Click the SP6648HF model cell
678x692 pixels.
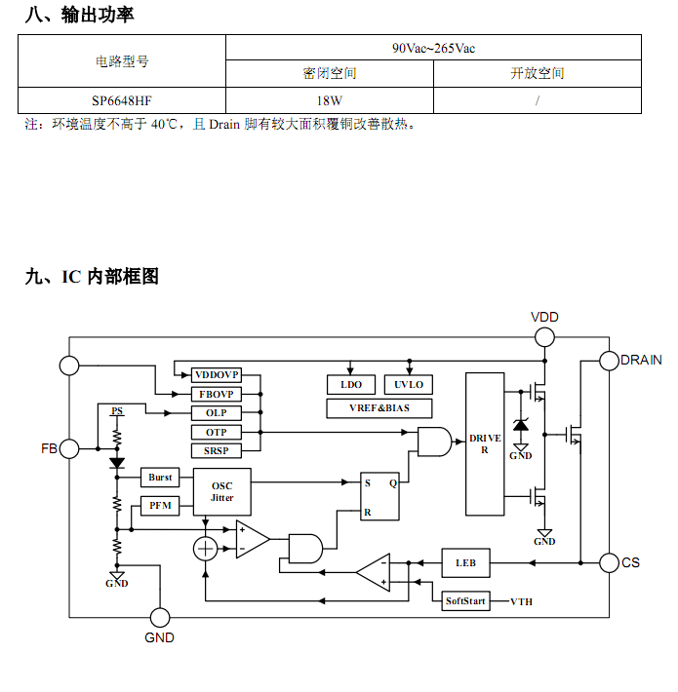(122, 100)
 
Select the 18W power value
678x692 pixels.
(329, 100)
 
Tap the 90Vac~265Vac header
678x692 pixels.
(433, 48)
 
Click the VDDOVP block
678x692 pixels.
(217, 375)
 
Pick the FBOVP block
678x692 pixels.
(217, 394)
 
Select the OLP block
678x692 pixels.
(217, 413)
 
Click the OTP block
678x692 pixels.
(217, 432)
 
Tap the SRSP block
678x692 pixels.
(217, 450)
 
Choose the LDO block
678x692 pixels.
(351, 385)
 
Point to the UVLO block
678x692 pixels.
(409, 385)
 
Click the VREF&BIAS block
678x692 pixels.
(379, 408)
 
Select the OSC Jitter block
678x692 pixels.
(222, 492)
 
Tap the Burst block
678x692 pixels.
(161, 478)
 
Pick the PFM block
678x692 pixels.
(161, 506)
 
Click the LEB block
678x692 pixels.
(464, 562)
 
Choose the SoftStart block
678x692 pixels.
(464, 601)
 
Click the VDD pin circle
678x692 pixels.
(544, 337)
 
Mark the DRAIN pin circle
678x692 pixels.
(609, 360)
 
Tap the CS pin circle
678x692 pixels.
(609, 562)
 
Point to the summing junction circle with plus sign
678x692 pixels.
(205, 549)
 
